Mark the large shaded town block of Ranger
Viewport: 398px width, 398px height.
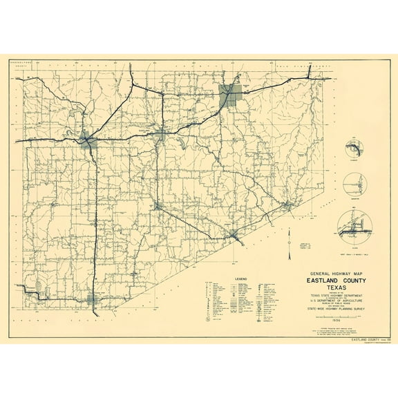(x=231, y=95)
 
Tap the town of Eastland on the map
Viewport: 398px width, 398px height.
(x=160, y=133)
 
